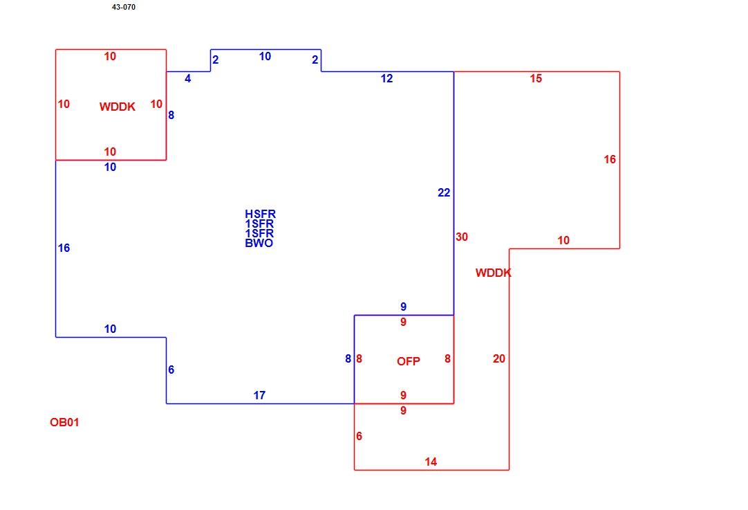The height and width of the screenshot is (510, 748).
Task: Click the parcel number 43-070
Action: point(124,7)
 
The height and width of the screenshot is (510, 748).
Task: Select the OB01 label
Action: point(64,422)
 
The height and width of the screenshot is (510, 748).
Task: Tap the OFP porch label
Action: point(409,361)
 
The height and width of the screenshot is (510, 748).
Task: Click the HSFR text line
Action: point(261,214)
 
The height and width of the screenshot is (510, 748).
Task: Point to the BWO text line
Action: point(259,243)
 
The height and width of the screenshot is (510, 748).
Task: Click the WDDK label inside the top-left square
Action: point(118,107)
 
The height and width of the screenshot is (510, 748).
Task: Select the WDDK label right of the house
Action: point(494,273)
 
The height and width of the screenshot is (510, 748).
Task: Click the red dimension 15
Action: point(536,78)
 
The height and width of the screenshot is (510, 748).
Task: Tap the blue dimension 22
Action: point(444,192)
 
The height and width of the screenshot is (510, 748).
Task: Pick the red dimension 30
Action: point(462,237)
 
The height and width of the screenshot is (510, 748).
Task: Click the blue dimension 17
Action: point(259,395)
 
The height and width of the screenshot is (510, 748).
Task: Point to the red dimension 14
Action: point(431,462)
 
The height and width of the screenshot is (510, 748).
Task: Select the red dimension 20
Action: point(499,358)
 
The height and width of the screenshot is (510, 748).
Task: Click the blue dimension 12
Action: point(387,78)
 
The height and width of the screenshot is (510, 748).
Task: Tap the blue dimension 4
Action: point(188,78)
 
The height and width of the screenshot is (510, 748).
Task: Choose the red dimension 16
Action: point(610,159)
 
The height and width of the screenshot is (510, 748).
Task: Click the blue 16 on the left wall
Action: point(64,248)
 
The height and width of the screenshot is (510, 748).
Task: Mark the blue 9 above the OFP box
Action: point(404,307)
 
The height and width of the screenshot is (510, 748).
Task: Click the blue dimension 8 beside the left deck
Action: point(171,115)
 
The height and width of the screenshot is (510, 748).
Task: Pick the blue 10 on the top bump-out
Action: point(265,56)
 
